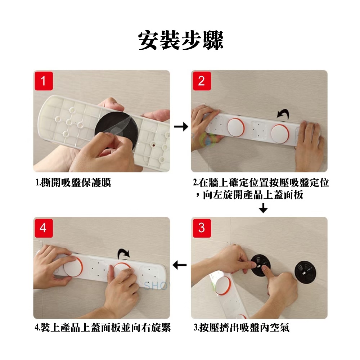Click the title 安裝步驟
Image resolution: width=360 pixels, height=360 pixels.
(x=181, y=40)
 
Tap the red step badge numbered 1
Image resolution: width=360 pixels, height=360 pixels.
(x=44, y=81)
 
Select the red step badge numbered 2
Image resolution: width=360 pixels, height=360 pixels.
(x=202, y=81)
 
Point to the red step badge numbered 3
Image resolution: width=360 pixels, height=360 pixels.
(x=202, y=228)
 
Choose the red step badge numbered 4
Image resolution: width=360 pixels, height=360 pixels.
(x=44, y=228)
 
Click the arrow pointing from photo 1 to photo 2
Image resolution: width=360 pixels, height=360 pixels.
(x=181, y=126)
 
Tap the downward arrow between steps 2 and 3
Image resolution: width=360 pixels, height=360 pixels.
(x=263, y=208)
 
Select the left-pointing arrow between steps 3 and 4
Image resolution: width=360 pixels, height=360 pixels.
(x=179, y=265)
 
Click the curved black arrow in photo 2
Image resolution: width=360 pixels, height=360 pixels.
(x=283, y=113)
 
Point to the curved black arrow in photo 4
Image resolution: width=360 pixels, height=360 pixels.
(x=123, y=254)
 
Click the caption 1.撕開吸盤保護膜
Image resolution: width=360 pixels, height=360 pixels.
(x=73, y=183)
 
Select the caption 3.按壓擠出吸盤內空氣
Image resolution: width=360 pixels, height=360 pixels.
(x=242, y=328)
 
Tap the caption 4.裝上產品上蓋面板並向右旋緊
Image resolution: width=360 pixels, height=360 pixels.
(x=103, y=328)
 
